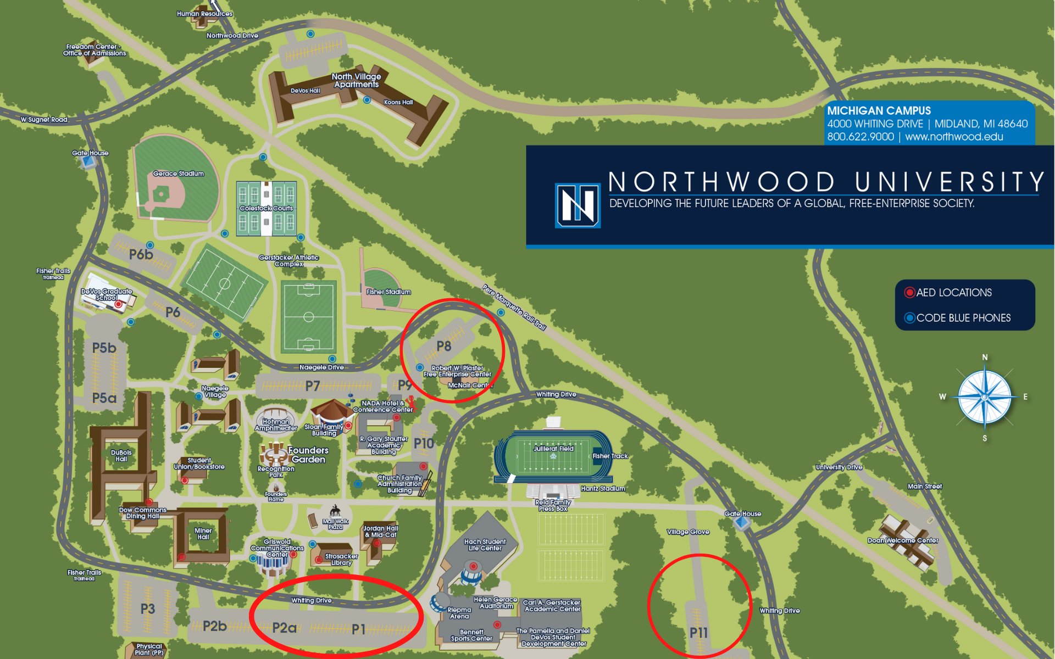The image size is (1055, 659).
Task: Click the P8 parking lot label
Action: coord(443,346)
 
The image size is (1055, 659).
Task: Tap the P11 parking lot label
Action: coord(698,633)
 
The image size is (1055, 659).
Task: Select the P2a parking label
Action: coord(284,628)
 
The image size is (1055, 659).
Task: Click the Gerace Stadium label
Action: coord(178,174)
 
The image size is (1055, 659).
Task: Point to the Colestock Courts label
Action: coord(266,208)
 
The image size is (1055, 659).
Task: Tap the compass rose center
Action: coord(984,396)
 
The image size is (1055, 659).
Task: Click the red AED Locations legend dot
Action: coord(909,293)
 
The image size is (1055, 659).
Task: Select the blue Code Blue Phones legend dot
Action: coord(909,318)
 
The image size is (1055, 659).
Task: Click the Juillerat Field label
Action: coord(553,449)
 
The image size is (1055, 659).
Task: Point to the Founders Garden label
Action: coord(308,455)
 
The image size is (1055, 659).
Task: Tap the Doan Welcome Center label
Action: coord(903,540)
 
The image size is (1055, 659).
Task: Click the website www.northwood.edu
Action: coord(954,137)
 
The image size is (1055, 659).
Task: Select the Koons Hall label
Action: coord(398,102)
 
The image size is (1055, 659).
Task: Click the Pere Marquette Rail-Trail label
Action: coord(514,308)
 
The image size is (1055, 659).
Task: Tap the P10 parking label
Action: coord(424,443)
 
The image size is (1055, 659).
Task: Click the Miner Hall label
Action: coord(203,534)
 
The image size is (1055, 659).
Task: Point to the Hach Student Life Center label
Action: coord(485,545)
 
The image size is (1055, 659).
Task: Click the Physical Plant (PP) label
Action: coord(149,650)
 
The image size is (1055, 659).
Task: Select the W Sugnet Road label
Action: coord(44,119)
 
